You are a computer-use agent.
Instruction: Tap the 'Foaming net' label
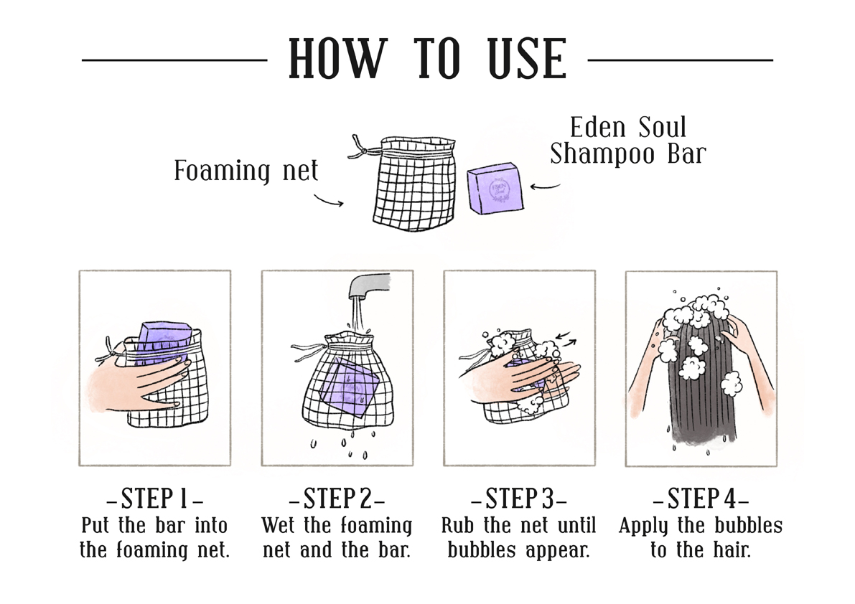click(x=246, y=171)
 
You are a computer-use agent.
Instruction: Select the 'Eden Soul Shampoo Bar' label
click(x=627, y=140)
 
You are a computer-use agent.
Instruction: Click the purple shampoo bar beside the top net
click(x=495, y=189)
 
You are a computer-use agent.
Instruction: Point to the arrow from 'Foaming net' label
click(x=328, y=200)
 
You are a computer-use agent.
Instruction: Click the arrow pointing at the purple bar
click(x=546, y=187)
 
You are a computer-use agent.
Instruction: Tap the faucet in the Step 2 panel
click(x=369, y=284)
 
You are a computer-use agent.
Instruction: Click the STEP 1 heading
click(x=154, y=498)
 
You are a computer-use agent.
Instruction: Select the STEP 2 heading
click(x=337, y=498)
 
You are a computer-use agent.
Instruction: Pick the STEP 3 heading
click(x=519, y=498)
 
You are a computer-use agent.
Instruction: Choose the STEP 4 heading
click(x=701, y=498)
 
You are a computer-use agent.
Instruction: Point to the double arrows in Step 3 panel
click(x=566, y=338)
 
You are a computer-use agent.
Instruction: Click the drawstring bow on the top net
click(x=358, y=146)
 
